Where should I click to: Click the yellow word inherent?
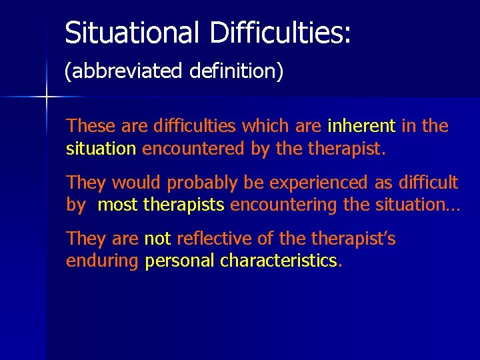pos(361,125)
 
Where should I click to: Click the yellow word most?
pos(117,205)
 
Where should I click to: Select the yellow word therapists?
pos(183,205)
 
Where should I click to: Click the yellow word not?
pos(157,239)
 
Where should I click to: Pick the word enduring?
pos(103,261)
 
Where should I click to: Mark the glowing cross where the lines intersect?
pos(46,98)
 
